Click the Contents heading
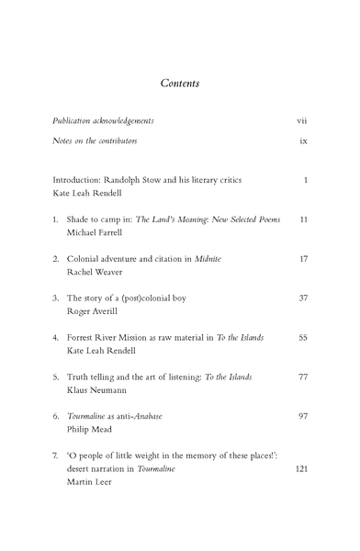(180, 83)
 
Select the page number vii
(301, 120)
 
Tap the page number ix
(302, 141)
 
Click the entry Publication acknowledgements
(103, 120)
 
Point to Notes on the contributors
(96, 141)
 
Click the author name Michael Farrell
(100, 234)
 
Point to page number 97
(302, 415)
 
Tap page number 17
(302, 260)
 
